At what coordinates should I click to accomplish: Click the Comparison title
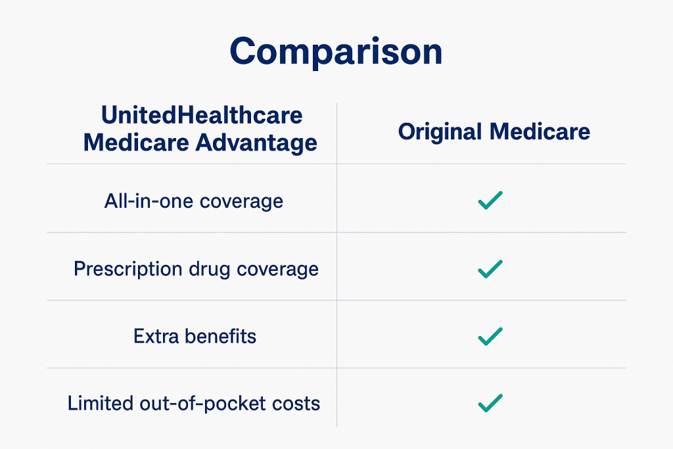(x=336, y=52)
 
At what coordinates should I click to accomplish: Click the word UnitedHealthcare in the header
(x=202, y=115)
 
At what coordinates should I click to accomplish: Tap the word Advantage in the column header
(x=256, y=143)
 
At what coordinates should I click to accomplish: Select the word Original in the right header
(x=440, y=131)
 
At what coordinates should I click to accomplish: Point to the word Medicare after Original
(x=540, y=131)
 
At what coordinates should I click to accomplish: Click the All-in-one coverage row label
(x=194, y=201)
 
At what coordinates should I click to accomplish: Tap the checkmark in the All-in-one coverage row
(x=490, y=200)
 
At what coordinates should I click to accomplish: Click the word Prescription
(x=128, y=270)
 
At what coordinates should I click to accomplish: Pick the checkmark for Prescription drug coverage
(x=490, y=269)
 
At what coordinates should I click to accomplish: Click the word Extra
(x=156, y=336)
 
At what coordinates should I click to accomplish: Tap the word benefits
(x=220, y=336)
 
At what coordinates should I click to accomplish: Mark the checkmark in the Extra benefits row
(x=490, y=336)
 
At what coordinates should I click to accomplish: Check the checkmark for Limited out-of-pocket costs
(x=490, y=403)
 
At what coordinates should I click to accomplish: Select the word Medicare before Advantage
(x=136, y=143)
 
